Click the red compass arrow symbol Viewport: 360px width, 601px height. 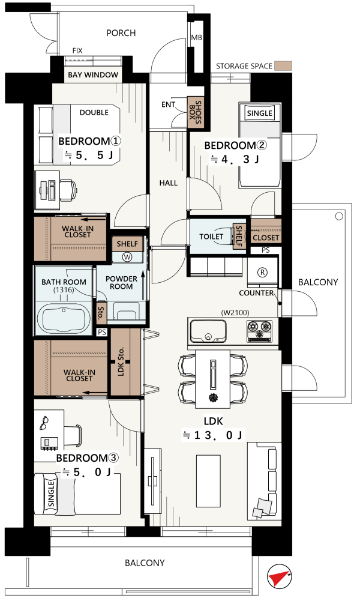pyautogui.click(x=278, y=576)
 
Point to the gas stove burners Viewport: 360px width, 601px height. pyautogui.click(x=260, y=330)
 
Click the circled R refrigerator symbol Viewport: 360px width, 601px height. pyautogui.click(x=262, y=273)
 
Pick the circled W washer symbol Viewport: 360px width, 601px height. pyautogui.click(x=127, y=257)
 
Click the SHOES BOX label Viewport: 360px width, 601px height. pyautogui.click(x=196, y=112)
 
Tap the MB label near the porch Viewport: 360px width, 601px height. pyautogui.click(x=196, y=38)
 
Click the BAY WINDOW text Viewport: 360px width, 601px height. pyautogui.click(x=93, y=74)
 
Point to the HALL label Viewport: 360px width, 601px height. pyautogui.click(x=169, y=183)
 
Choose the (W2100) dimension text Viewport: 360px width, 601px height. pyautogui.click(x=235, y=313)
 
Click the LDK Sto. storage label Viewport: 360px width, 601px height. pyautogui.click(x=121, y=362)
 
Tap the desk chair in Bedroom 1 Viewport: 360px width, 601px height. pyautogui.click(x=68, y=190)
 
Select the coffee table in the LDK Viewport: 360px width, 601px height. pyautogui.click(x=208, y=481)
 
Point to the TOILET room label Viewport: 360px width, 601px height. pyautogui.click(x=211, y=237)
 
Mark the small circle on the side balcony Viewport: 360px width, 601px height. pyautogui.click(x=339, y=217)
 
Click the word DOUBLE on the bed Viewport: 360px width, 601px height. pyautogui.click(x=94, y=112)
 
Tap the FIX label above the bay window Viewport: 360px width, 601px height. pyautogui.click(x=77, y=50)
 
